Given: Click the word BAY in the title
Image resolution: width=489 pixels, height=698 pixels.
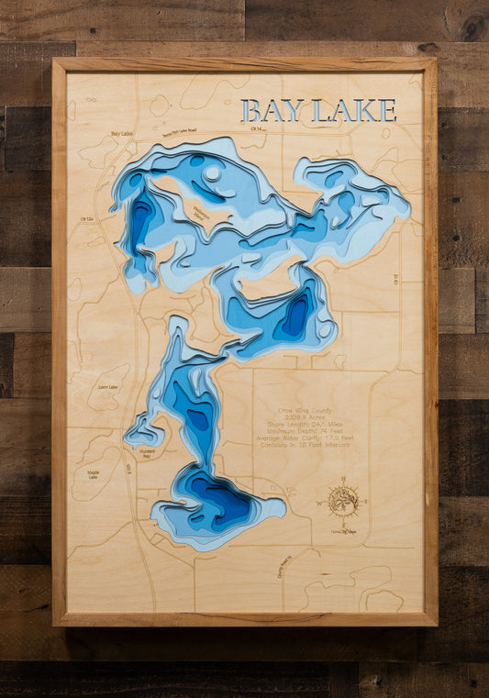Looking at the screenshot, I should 272,111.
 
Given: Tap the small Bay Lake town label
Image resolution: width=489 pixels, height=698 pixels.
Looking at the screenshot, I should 122,134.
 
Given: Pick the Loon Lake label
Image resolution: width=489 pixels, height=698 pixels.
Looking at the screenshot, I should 107,387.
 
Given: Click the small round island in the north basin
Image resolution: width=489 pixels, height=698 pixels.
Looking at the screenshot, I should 213,172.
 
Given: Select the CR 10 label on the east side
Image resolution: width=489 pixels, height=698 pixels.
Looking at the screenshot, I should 396,279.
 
